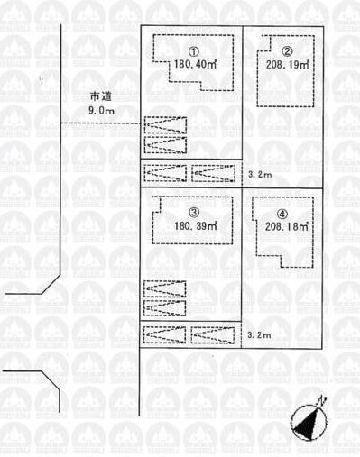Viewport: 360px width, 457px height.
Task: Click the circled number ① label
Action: pos(193,51)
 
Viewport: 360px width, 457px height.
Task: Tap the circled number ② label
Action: pos(286,51)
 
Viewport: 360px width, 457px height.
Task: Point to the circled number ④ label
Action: pos(283,215)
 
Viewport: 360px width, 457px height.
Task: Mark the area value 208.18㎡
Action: pos(286,228)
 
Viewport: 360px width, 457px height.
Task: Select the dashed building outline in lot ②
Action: pos(261,72)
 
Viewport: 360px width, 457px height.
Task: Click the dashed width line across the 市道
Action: pos(99,123)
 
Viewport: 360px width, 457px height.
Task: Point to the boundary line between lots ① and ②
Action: pos(243,90)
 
